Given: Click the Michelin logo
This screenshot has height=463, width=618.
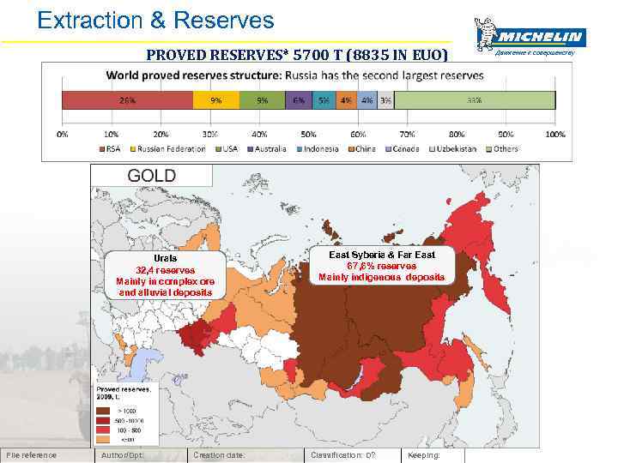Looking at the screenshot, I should (530, 36).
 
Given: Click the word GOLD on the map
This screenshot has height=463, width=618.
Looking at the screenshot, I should (151, 176).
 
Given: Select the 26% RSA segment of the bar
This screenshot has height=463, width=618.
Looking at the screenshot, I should (127, 99).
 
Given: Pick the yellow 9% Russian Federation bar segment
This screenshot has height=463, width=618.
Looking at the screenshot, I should (215, 99).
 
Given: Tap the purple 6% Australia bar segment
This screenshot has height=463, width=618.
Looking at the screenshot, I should (298, 99).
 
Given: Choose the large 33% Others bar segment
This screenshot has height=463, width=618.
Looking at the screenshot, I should (474, 99).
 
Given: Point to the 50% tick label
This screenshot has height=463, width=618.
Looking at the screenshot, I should (308, 135).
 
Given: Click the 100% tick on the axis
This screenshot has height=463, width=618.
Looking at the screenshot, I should (554, 135).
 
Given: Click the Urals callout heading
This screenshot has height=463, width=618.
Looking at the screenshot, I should (165, 258).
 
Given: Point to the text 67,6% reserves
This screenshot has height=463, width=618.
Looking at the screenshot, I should (381, 266).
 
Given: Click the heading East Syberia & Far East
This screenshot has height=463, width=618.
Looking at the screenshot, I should (382, 255).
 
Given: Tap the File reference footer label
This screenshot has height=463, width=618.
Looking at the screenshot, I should (31, 455).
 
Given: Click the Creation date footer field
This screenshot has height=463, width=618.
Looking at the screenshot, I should (220, 455).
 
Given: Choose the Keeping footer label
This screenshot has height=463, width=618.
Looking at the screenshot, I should (423, 455).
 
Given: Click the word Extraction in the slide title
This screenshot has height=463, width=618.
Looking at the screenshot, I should (88, 20).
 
